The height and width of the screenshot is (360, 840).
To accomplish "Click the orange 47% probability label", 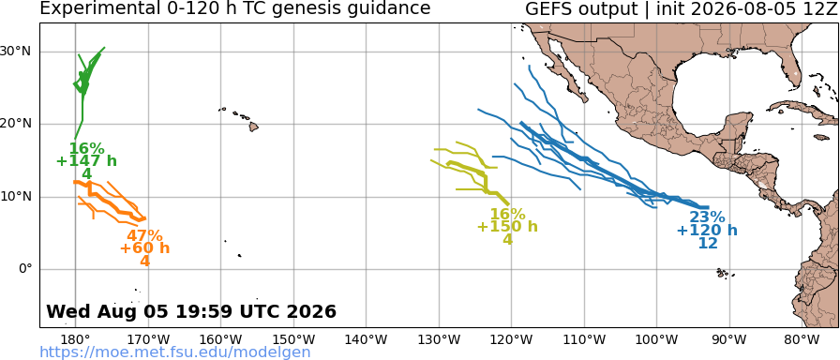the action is click(x=144, y=235).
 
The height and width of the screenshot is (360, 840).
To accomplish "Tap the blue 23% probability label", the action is click(x=707, y=217).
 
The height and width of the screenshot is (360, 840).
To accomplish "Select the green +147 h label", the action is click(x=87, y=160).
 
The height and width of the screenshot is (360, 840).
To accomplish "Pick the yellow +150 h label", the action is click(x=507, y=227).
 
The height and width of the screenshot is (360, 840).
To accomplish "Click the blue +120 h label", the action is click(x=707, y=231).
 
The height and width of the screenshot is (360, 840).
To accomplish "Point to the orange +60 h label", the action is click(x=144, y=248).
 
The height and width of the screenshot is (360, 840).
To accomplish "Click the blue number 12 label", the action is click(x=708, y=243).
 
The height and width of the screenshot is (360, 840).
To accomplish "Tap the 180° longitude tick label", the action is click(x=75, y=339).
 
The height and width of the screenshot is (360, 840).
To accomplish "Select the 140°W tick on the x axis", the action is click(x=367, y=339).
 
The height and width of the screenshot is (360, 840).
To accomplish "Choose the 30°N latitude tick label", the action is click(x=20, y=52).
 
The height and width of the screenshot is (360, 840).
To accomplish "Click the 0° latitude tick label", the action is click(x=26, y=269).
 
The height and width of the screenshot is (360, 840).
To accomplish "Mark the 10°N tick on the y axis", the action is click(x=20, y=197).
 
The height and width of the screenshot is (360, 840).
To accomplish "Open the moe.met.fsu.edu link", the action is click(x=175, y=352).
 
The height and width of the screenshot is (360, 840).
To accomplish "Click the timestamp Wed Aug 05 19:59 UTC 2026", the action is click(x=191, y=311).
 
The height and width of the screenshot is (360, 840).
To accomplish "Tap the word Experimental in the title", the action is click(x=92, y=8).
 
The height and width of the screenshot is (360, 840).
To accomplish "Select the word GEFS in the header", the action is click(x=548, y=8).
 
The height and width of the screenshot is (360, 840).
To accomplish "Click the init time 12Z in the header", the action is click(x=819, y=8).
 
